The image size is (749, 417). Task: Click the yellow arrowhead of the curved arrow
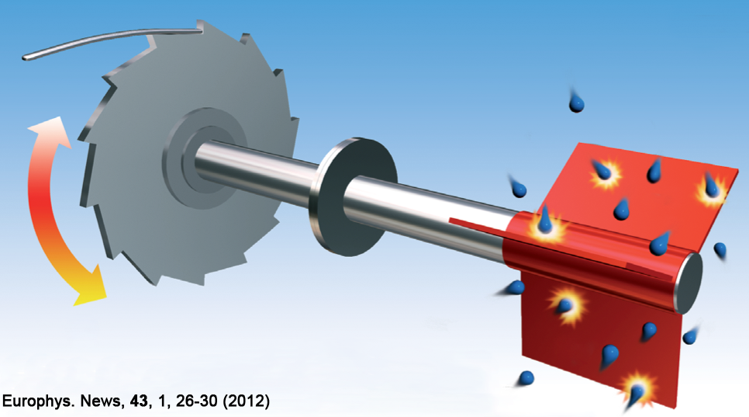[91, 287]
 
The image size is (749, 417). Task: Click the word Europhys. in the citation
[38, 401]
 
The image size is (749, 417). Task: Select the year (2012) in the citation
[246, 401]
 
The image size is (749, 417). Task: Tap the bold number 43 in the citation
[139, 401]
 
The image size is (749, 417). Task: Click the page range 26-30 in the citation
[196, 401]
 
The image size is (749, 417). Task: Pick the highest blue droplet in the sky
[576, 102]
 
